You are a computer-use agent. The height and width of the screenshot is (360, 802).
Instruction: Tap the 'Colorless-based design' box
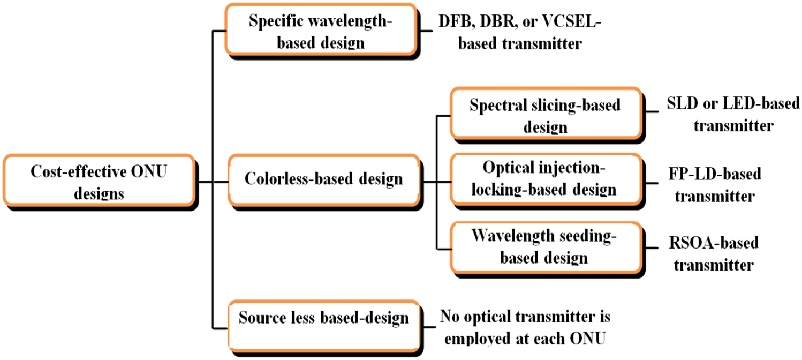[323, 179]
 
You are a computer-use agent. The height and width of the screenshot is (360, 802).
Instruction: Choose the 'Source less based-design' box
[323, 318]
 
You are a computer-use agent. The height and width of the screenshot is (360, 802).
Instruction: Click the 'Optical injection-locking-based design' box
[545, 179]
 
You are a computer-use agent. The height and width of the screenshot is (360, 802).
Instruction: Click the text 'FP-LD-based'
[715, 174]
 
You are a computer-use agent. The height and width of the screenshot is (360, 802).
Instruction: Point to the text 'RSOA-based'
[714, 243]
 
